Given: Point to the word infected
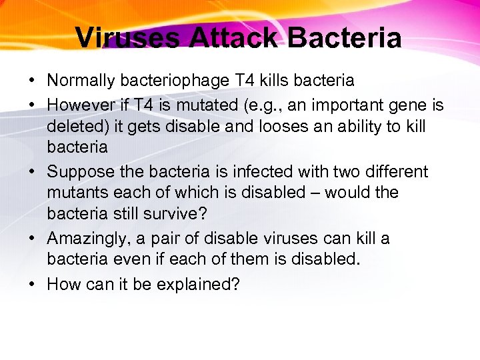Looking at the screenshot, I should coord(242,171).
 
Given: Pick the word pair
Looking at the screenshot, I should coord(188,239).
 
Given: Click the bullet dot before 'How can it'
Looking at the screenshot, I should coord(33,284).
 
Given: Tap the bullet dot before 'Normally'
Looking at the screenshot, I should coord(33,81).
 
